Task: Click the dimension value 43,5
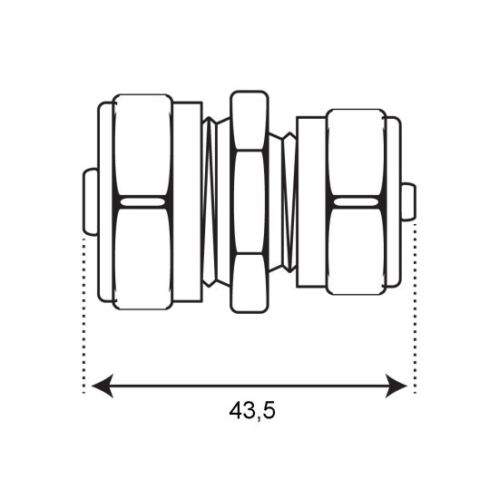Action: tap(252, 411)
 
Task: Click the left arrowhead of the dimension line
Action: tap(102, 386)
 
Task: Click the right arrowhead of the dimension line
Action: tap(396, 386)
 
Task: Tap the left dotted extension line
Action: tap(83, 315)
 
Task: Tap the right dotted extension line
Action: tap(415, 308)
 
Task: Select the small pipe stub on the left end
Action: tap(91, 202)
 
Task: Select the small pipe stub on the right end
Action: tap(408, 201)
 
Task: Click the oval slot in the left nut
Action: tap(142, 202)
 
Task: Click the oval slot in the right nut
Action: tap(357, 202)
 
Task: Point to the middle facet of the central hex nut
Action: tap(249, 201)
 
